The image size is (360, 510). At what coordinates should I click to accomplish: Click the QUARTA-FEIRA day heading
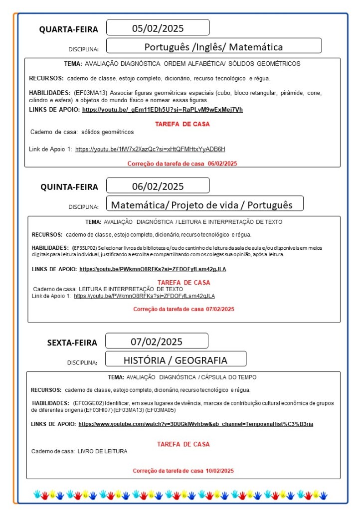69,29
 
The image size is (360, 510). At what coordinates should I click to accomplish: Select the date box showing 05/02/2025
158,27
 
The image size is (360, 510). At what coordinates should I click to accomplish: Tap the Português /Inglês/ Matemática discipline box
213,47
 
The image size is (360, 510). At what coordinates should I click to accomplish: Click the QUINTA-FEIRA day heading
69,187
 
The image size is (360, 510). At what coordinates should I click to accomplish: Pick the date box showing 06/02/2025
158,186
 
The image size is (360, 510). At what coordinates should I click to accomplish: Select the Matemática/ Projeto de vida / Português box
201,205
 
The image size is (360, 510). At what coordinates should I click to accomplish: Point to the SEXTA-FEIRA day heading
72,342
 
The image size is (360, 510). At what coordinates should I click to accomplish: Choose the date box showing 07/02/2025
157,341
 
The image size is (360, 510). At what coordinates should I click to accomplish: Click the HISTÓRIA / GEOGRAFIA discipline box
175,360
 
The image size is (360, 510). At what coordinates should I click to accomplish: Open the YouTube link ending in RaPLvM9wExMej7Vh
163,110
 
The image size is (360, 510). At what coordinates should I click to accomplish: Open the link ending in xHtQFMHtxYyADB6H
150,149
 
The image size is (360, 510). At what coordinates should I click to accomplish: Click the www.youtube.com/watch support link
196,424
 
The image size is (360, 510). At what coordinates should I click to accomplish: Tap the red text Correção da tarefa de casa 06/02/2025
182,164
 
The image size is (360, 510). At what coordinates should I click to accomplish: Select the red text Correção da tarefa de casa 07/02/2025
183,309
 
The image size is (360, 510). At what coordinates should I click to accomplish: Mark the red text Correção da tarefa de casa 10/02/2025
183,471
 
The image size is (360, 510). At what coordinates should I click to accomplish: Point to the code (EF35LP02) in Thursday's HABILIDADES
85,248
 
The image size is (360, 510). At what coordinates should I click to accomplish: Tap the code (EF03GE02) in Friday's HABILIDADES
88,403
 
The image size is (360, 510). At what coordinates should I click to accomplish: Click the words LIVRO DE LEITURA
102,451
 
